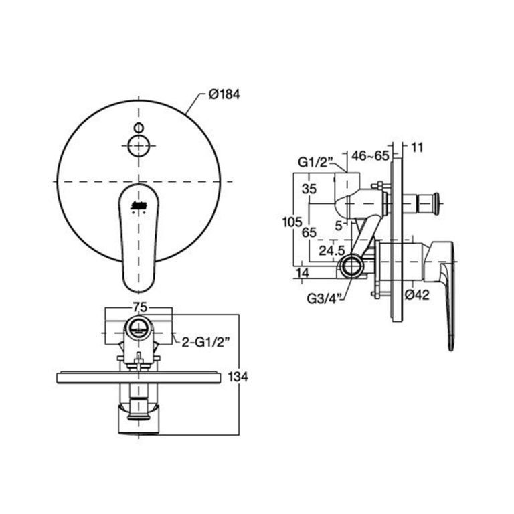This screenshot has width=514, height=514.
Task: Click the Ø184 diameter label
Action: pos(224,95)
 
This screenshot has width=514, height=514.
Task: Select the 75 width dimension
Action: pos(139,306)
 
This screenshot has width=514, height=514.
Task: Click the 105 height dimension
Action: pos(288,222)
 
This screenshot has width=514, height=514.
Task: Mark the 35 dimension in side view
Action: pos(309,189)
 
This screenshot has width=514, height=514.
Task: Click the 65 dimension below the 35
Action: pos(309,232)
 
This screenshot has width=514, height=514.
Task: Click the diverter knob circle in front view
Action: pos(139,144)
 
